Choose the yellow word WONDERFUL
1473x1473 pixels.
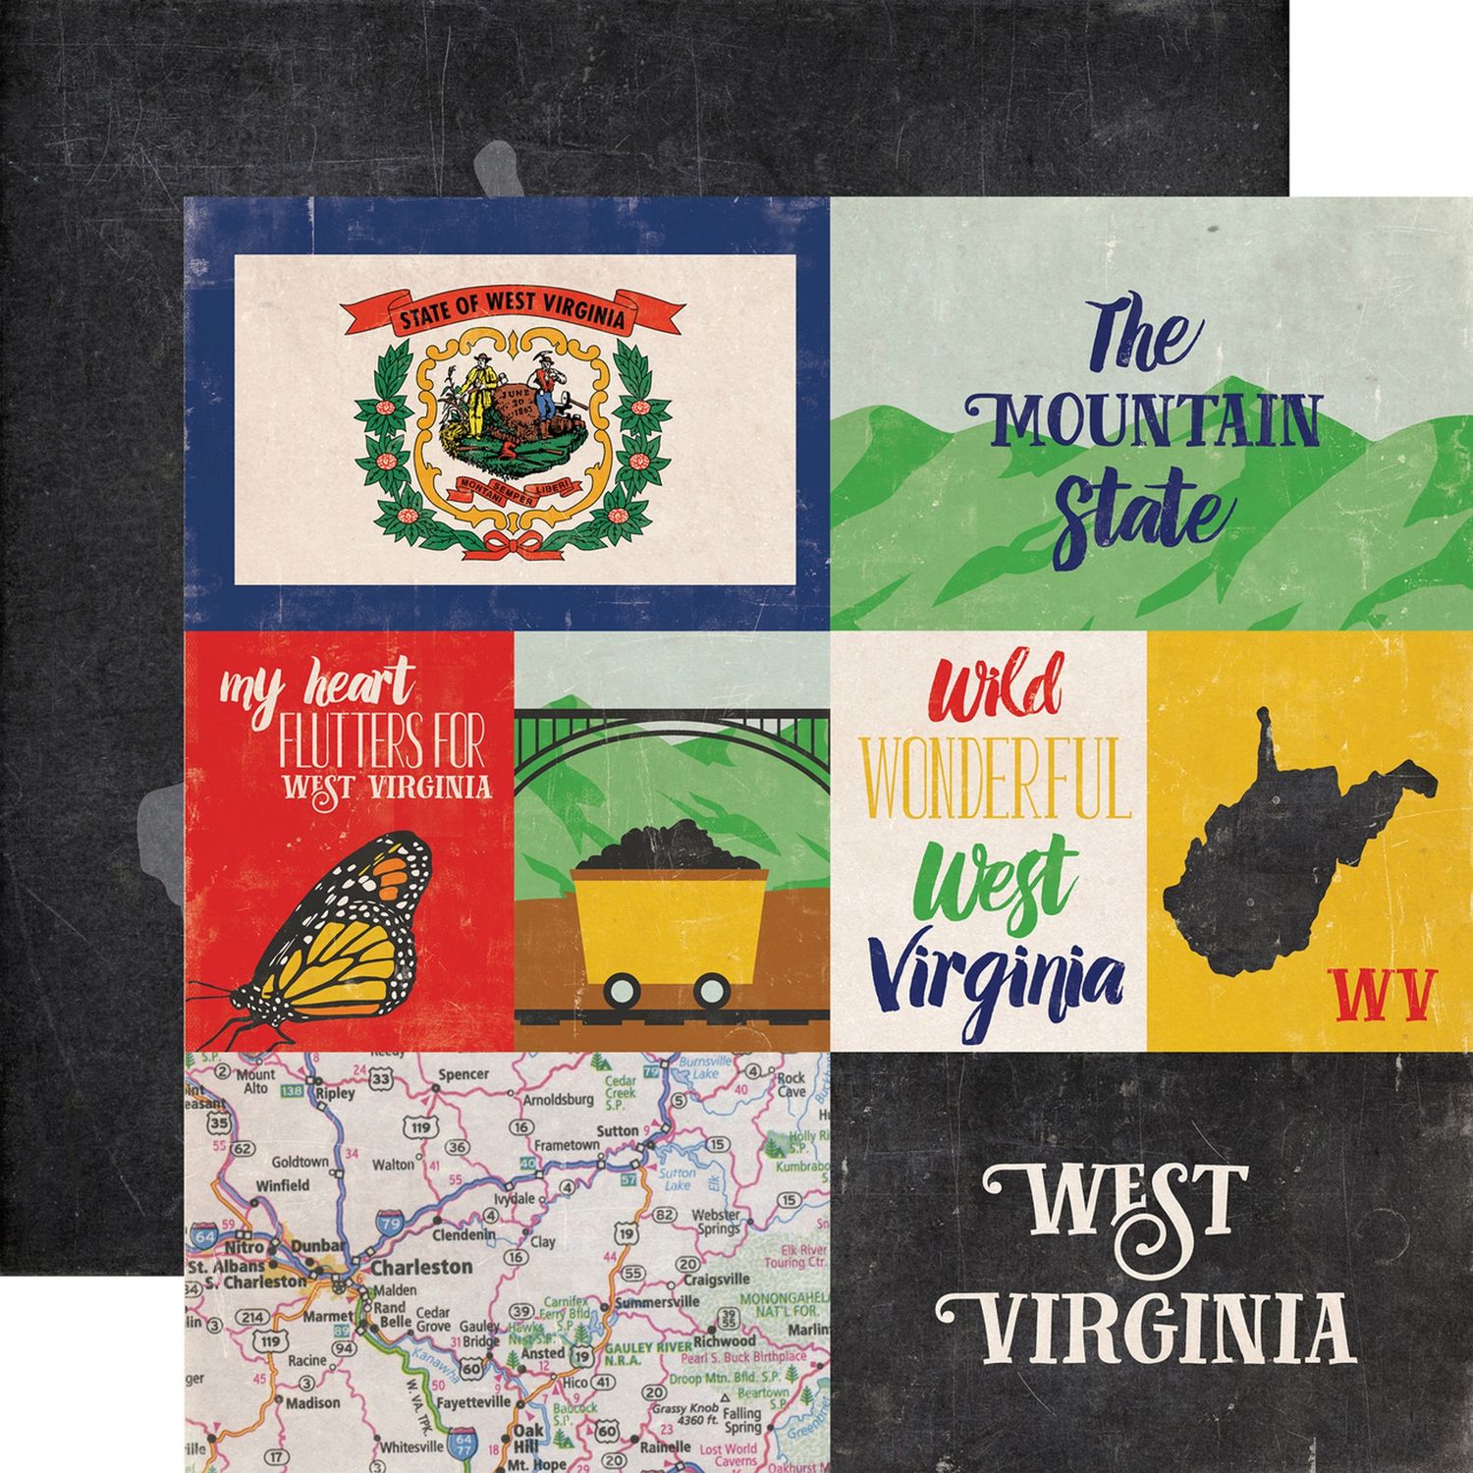(1000, 781)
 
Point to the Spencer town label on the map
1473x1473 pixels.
(464, 1074)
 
